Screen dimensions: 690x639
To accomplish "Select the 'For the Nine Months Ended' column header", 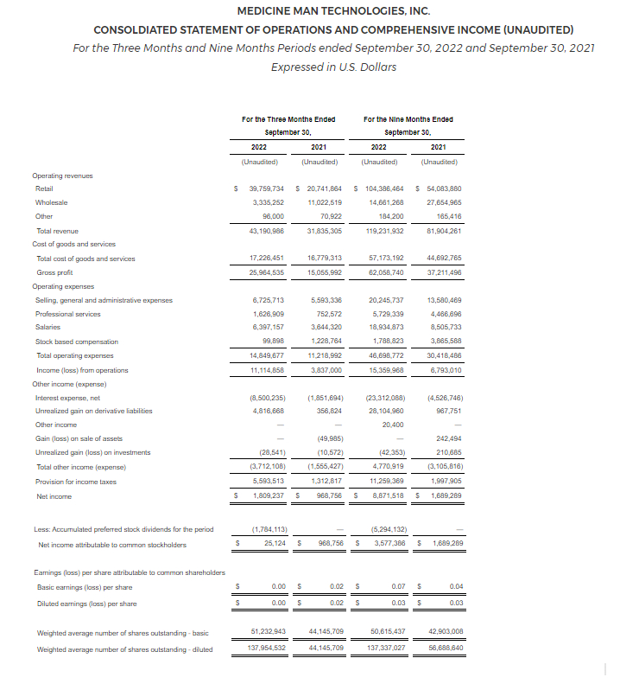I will click(408, 119).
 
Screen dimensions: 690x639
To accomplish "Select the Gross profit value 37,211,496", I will click(444, 272).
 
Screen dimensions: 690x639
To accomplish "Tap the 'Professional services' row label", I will click(67, 314).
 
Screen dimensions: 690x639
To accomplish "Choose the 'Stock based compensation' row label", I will click(76, 342).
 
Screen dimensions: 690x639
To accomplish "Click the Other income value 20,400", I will click(391, 425).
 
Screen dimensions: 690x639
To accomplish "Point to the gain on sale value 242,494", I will click(447, 439).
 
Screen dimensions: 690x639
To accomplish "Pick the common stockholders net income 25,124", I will click(275, 544).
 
